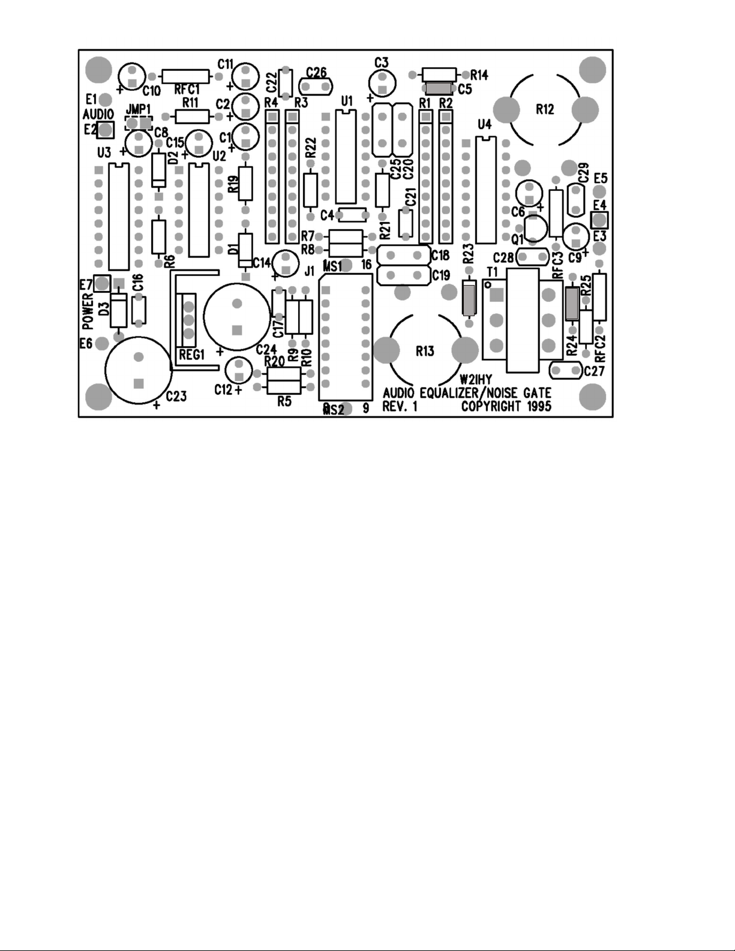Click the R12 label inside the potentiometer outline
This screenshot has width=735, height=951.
click(x=545, y=109)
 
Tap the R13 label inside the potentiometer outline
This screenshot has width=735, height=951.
click(x=425, y=351)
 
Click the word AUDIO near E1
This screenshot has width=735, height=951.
click(x=98, y=113)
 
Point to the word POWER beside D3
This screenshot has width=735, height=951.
click(x=88, y=311)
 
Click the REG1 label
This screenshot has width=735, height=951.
click(x=192, y=355)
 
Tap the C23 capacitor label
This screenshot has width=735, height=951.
click(x=176, y=396)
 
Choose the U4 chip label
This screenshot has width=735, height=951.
click(x=484, y=125)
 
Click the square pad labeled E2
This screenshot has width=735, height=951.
click(x=106, y=129)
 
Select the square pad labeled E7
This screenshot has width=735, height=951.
click(x=102, y=283)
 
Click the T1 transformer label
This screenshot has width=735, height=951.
click(x=493, y=271)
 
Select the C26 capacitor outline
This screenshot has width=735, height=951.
click(x=316, y=86)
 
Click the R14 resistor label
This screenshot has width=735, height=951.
click(x=479, y=75)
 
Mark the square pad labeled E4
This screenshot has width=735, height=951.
click(x=599, y=220)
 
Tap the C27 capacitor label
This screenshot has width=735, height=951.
click(x=594, y=371)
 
